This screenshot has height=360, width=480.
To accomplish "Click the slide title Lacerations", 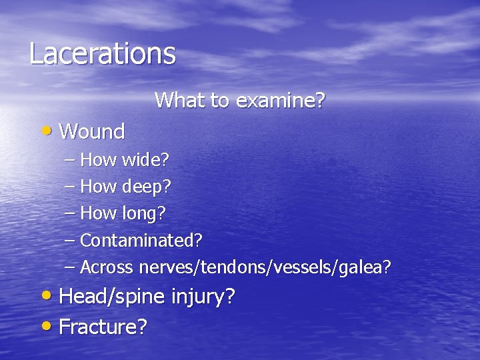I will [102, 54].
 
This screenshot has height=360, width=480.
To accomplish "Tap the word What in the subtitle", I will [176, 101].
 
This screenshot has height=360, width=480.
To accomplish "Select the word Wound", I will [92, 132].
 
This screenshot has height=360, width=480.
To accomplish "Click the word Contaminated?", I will [141, 240].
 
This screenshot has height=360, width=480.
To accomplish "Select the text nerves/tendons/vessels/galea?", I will [265, 267].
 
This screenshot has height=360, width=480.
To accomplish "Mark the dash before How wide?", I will [71, 159].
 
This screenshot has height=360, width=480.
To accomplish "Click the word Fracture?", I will [103, 327].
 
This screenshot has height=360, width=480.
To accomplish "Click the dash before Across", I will [71, 267].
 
